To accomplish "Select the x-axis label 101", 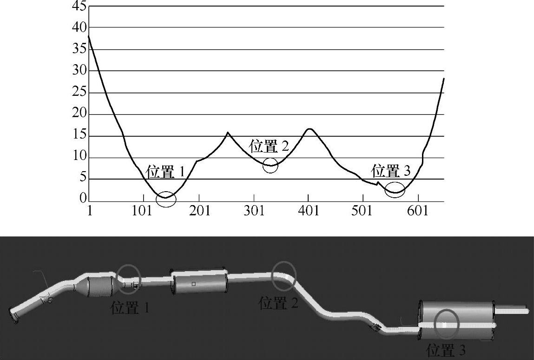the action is tap(142, 211).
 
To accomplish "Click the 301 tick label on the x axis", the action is tap(254, 211).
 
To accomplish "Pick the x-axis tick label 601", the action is tap(418, 211).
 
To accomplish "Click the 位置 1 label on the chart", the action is tap(165, 172).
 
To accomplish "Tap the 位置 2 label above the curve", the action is tap(269, 146).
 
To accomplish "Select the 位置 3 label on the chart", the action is tap(390, 170).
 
